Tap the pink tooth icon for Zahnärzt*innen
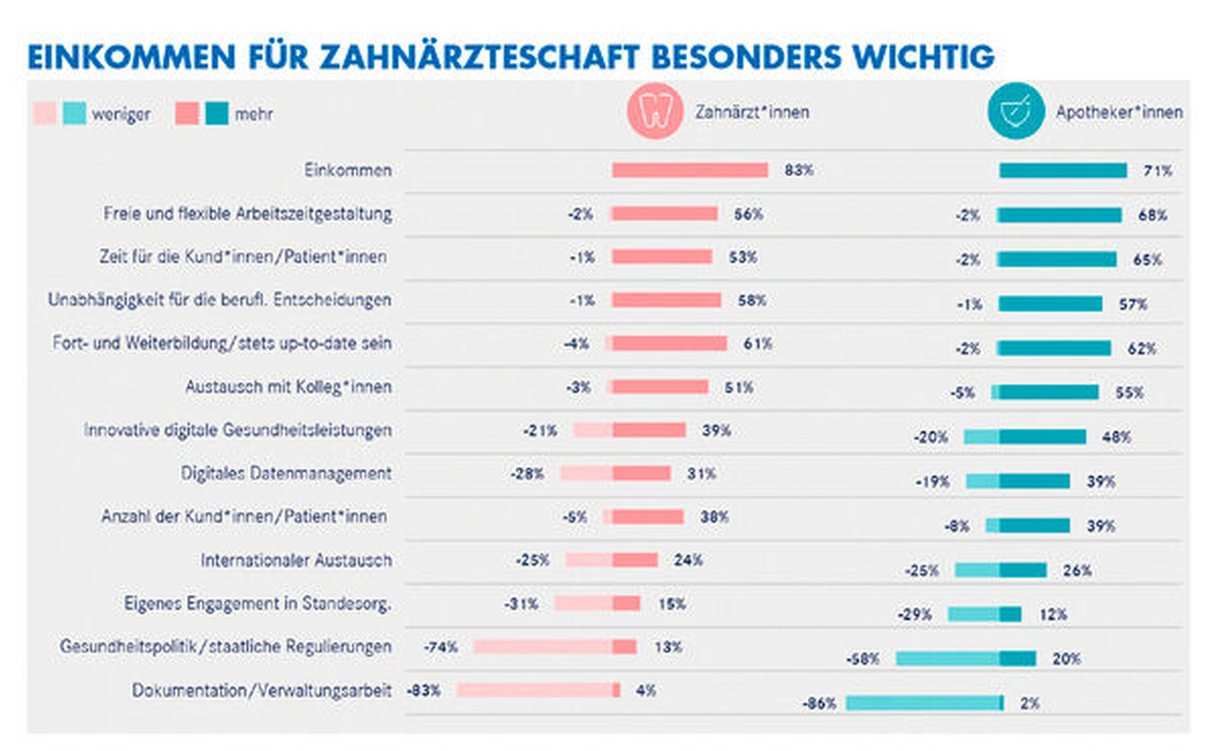pyautogui.click(x=655, y=111)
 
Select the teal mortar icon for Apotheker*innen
pyautogui.click(x=1016, y=111)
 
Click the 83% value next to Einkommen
pyautogui.click(x=799, y=170)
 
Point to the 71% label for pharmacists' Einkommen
pyautogui.click(x=1157, y=171)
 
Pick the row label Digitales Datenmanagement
pyautogui.click(x=286, y=474)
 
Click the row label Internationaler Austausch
pyautogui.click(x=296, y=561)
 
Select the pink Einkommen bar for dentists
pyautogui.click(x=690, y=170)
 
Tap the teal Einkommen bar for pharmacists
pyautogui.click(x=1063, y=171)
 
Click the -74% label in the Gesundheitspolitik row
pyautogui.click(x=441, y=647)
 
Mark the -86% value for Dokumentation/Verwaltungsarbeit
pyautogui.click(x=819, y=704)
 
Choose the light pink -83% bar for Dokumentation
pyautogui.click(x=535, y=690)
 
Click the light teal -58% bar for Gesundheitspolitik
pyautogui.click(x=947, y=659)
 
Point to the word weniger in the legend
pyautogui.click(x=121, y=115)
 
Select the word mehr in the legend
pyautogui.click(x=254, y=115)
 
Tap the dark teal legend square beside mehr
pyautogui.click(x=216, y=114)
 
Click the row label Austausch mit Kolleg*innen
pyautogui.click(x=288, y=387)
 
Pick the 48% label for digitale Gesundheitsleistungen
pyautogui.click(x=1116, y=437)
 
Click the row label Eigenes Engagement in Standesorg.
pyautogui.click(x=257, y=604)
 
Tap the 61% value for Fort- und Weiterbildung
pyautogui.click(x=758, y=344)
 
